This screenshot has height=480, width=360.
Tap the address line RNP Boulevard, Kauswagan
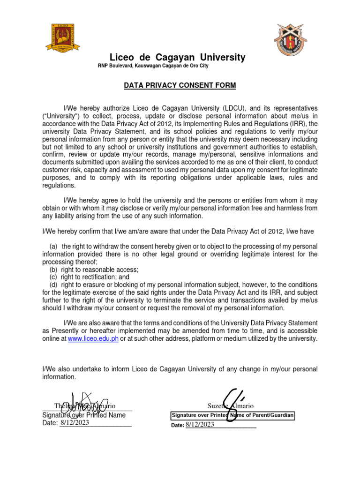click(153, 66)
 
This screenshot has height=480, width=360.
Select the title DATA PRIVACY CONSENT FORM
click(173, 86)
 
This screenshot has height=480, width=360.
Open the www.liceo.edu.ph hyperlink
click(93, 339)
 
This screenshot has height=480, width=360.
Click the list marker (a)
click(54, 247)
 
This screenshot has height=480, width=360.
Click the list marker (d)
click(54, 285)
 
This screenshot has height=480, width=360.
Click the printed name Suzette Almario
click(231, 405)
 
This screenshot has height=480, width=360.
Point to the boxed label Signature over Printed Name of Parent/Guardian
click(232, 415)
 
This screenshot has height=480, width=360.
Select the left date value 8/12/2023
click(75, 423)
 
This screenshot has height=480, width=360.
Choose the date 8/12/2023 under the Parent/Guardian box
click(199, 425)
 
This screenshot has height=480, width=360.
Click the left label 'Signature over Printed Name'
click(84, 415)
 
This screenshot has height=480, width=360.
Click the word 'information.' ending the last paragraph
click(60, 377)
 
